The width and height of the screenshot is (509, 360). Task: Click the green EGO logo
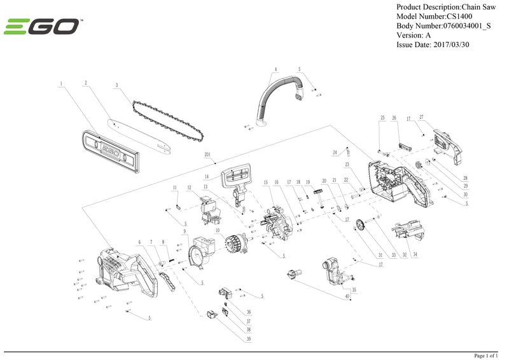(x=42, y=27)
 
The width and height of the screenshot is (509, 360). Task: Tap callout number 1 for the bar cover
(x=62, y=83)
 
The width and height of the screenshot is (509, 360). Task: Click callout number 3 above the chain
(x=117, y=85)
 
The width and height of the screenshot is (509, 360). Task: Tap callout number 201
(x=207, y=155)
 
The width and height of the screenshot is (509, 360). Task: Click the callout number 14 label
(x=207, y=176)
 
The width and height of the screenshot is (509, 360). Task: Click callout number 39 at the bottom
(x=249, y=339)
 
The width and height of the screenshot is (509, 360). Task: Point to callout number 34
(x=415, y=254)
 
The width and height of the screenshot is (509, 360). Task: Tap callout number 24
(x=335, y=153)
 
